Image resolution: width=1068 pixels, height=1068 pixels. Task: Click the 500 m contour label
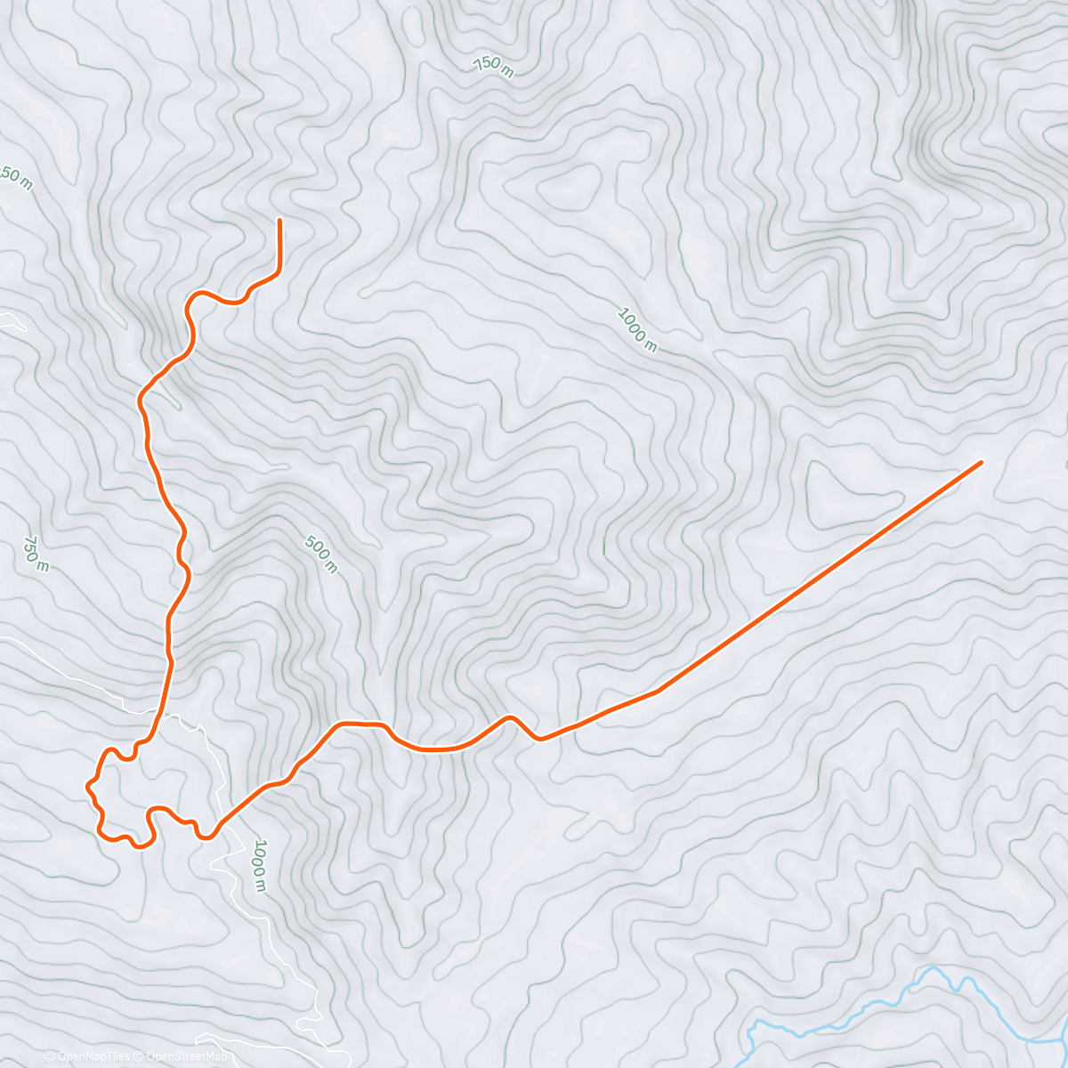click(x=321, y=554)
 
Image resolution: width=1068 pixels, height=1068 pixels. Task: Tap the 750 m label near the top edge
click(x=493, y=66)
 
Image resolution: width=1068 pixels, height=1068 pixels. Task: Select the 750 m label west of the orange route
click(x=36, y=553)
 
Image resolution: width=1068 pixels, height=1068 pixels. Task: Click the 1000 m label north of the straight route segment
click(x=637, y=329)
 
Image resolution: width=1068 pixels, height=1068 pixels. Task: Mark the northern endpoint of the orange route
click(x=279, y=220)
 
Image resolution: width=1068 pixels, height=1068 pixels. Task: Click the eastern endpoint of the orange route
click(x=980, y=462)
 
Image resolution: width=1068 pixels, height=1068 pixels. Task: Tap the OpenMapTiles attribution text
click(x=93, y=1056)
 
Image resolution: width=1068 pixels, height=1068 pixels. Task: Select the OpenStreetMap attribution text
click(x=186, y=1056)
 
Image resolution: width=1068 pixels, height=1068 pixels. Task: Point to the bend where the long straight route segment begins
click(x=658, y=690)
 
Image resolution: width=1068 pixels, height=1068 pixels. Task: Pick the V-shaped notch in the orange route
click(x=537, y=738)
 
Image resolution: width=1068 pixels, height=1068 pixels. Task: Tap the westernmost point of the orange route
click(x=87, y=786)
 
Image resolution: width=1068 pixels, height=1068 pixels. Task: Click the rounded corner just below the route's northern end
click(x=277, y=269)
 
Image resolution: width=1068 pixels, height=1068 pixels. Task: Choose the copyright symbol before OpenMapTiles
click(x=50, y=1056)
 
